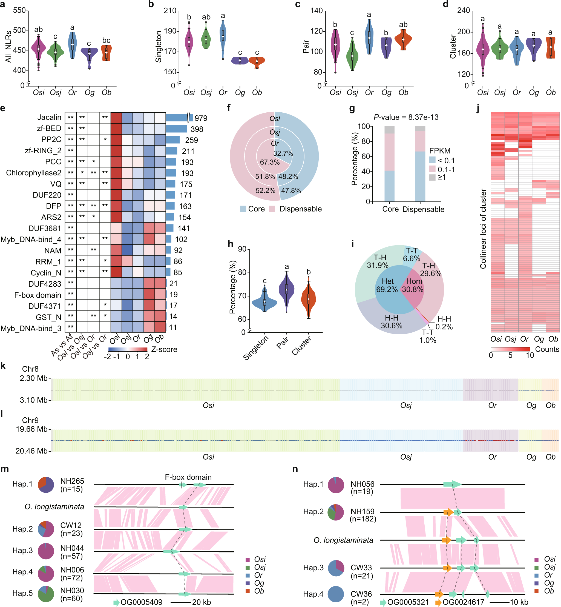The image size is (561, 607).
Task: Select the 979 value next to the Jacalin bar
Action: (201, 118)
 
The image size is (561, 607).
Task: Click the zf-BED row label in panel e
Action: (49, 129)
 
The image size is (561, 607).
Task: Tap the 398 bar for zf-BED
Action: (176, 129)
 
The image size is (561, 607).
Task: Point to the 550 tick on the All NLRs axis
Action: (19, 11)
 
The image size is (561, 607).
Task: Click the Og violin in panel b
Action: (240, 60)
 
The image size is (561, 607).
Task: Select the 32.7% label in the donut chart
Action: (283, 153)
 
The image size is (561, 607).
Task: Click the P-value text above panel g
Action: (406, 117)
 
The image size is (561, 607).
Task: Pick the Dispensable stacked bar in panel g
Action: (420, 164)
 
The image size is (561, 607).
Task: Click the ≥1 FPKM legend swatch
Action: (432, 177)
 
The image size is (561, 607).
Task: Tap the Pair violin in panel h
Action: (287, 289)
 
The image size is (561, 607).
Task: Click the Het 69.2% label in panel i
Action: (387, 285)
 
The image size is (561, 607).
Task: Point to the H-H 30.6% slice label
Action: (392, 322)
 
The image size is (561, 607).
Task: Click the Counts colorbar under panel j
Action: (510, 349)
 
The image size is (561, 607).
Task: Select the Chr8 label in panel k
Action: (30, 369)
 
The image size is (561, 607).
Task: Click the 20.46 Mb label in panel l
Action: (31, 451)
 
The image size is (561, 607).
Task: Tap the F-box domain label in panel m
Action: (188, 477)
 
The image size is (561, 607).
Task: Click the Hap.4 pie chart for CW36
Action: (336, 594)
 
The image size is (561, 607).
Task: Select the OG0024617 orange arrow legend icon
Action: (438, 602)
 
